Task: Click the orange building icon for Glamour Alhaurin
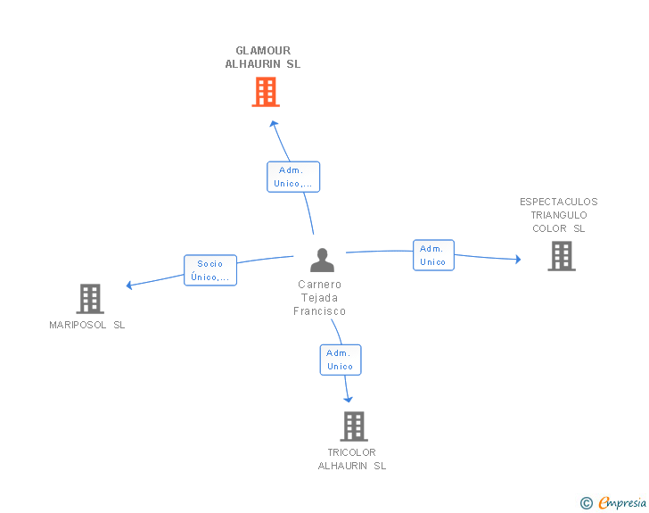coord(266,92)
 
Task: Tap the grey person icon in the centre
coord(322,261)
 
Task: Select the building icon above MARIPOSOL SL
coord(90,299)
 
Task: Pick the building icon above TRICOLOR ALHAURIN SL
coord(354,426)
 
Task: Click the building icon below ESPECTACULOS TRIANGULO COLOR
coord(562,256)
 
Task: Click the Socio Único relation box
coord(210,270)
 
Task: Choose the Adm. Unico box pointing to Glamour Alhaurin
coord(293,177)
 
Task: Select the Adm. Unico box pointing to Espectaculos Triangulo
coord(433,255)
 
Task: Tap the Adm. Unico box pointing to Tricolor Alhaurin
coord(341,360)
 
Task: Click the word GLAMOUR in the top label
coord(263,51)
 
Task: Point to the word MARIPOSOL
coord(78,325)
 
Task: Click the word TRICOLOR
coord(352,452)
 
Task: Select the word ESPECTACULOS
coord(559,202)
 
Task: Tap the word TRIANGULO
coord(559,215)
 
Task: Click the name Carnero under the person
coord(319,285)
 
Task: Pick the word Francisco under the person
coord(319,311)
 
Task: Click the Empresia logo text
coord(622,502)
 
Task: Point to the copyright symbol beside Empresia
coord(586,503)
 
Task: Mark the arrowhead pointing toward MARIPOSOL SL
coord(129,285)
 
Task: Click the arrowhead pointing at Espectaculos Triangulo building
coord(518,260)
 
